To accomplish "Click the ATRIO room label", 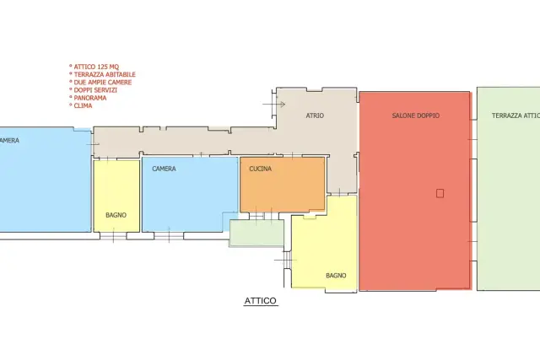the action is [x=315, y=116].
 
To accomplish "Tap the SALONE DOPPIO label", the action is [x=416, y=116].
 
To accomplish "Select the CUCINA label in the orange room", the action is [x=261, y=169].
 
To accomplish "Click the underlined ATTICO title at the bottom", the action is [x=261, y=301].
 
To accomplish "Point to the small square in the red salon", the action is [x=440, y=193].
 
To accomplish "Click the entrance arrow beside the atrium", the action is [x=273, y=104].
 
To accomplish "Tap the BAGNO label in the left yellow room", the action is [x=116, y=215].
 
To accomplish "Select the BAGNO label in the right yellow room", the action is [x=336, y=276].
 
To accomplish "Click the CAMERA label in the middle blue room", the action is [x=164, y=169].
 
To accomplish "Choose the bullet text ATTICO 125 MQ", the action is [x=96, y=67].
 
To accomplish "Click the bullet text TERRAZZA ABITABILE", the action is [x=105, y=74].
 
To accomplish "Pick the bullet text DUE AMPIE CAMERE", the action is [x=103, y=83].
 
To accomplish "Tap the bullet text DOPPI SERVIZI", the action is [x=95, y=90].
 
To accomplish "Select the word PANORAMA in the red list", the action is [x=90, y=98].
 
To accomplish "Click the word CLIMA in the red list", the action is [x=83, y=105].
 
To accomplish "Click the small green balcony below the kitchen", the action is [x=256, y=233].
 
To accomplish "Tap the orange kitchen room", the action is [x=283, y=185].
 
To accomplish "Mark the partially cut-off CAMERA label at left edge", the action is [x=9, y=141].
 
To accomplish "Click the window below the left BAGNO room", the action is [x=113, y=236].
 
